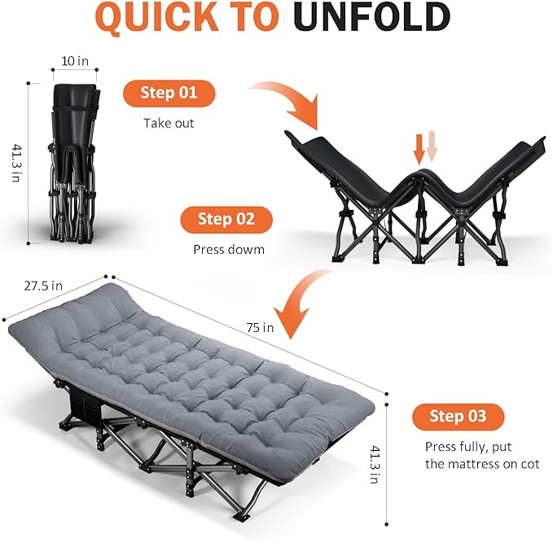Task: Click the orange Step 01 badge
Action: pos(169,93)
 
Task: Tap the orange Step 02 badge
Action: pos(226,219)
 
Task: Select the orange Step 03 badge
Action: pos(458,417)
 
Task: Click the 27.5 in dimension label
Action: pos(43,286)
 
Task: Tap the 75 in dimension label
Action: pos(261,328)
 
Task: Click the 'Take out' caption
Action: pos(169,124)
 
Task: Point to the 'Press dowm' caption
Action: pos(229,250)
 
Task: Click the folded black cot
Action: pos(73,163)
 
